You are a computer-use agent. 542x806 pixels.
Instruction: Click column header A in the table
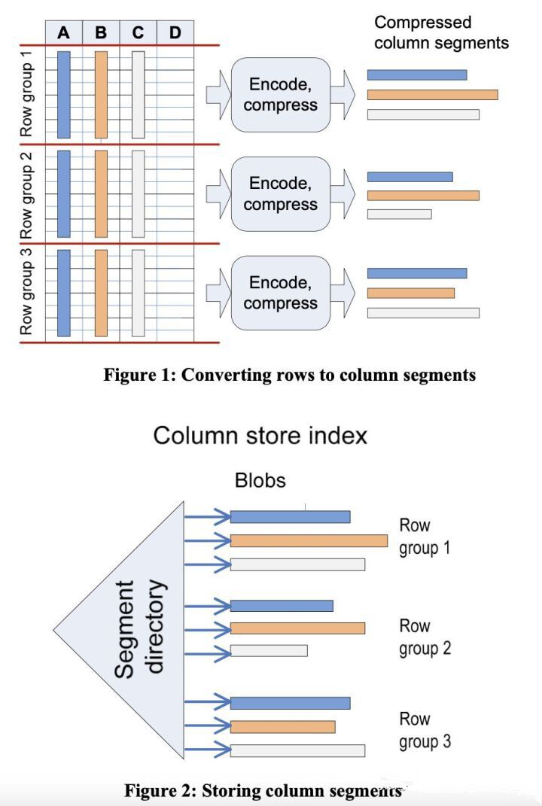tap(64, 32)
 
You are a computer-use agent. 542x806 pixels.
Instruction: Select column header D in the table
tap(175, 32)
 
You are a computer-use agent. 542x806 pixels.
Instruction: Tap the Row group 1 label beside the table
tap(26, 93)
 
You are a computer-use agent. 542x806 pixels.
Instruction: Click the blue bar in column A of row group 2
tap(64, 194)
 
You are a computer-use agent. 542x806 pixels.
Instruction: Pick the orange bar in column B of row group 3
tap(102, 293)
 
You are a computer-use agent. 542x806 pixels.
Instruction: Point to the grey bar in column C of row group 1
tap(139, 95)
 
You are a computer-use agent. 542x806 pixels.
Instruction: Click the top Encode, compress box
tap(281, 95)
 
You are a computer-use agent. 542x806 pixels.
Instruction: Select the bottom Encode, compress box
tap(281, 293)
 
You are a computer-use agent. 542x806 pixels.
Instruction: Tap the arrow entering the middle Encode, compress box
tap(219, 194)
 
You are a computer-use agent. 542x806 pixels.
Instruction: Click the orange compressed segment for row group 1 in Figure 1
tap(432, 95)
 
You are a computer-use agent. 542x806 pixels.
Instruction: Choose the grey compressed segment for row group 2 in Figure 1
tap(400, 214)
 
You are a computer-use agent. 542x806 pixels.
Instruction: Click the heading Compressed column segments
tap(441, 32)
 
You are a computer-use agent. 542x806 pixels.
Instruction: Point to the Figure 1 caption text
tap(290, 375)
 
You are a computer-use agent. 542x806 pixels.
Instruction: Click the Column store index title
tap(260, 436)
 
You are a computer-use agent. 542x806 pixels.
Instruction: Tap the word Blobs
tap(260, 480)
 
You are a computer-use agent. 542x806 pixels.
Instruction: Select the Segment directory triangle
tap(119, 630)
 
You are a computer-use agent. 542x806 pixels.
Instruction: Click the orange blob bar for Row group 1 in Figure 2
tap(309, 541)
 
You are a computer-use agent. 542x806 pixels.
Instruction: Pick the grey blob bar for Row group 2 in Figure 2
tap(269, 651)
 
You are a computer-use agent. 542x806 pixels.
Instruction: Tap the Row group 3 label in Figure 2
tap(425, 730)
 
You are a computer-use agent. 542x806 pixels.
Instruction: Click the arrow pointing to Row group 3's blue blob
tap(207, 701)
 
